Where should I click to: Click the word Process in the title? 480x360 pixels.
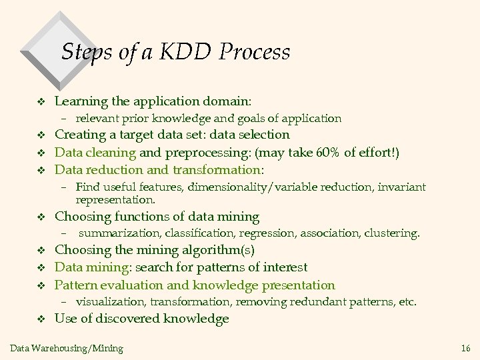pyautogui.click(x=256, y=52)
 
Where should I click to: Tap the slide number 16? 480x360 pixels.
pyautogui.click(x=465, y=348)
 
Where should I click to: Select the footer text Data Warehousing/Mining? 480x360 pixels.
pyautogui.click(x=67, y=348)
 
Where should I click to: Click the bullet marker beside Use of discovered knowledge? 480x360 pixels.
pyautogui.click(x=39, y=319)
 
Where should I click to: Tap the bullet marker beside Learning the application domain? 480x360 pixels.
pyautogui.click(x=39, y=102)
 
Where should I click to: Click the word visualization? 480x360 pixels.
pyautogui.click(x=111, y=302)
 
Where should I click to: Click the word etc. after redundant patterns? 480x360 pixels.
pyautogui.click(x=406, y=302)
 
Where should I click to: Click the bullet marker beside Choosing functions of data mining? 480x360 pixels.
pyautogui.click(x=39, y=217)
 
